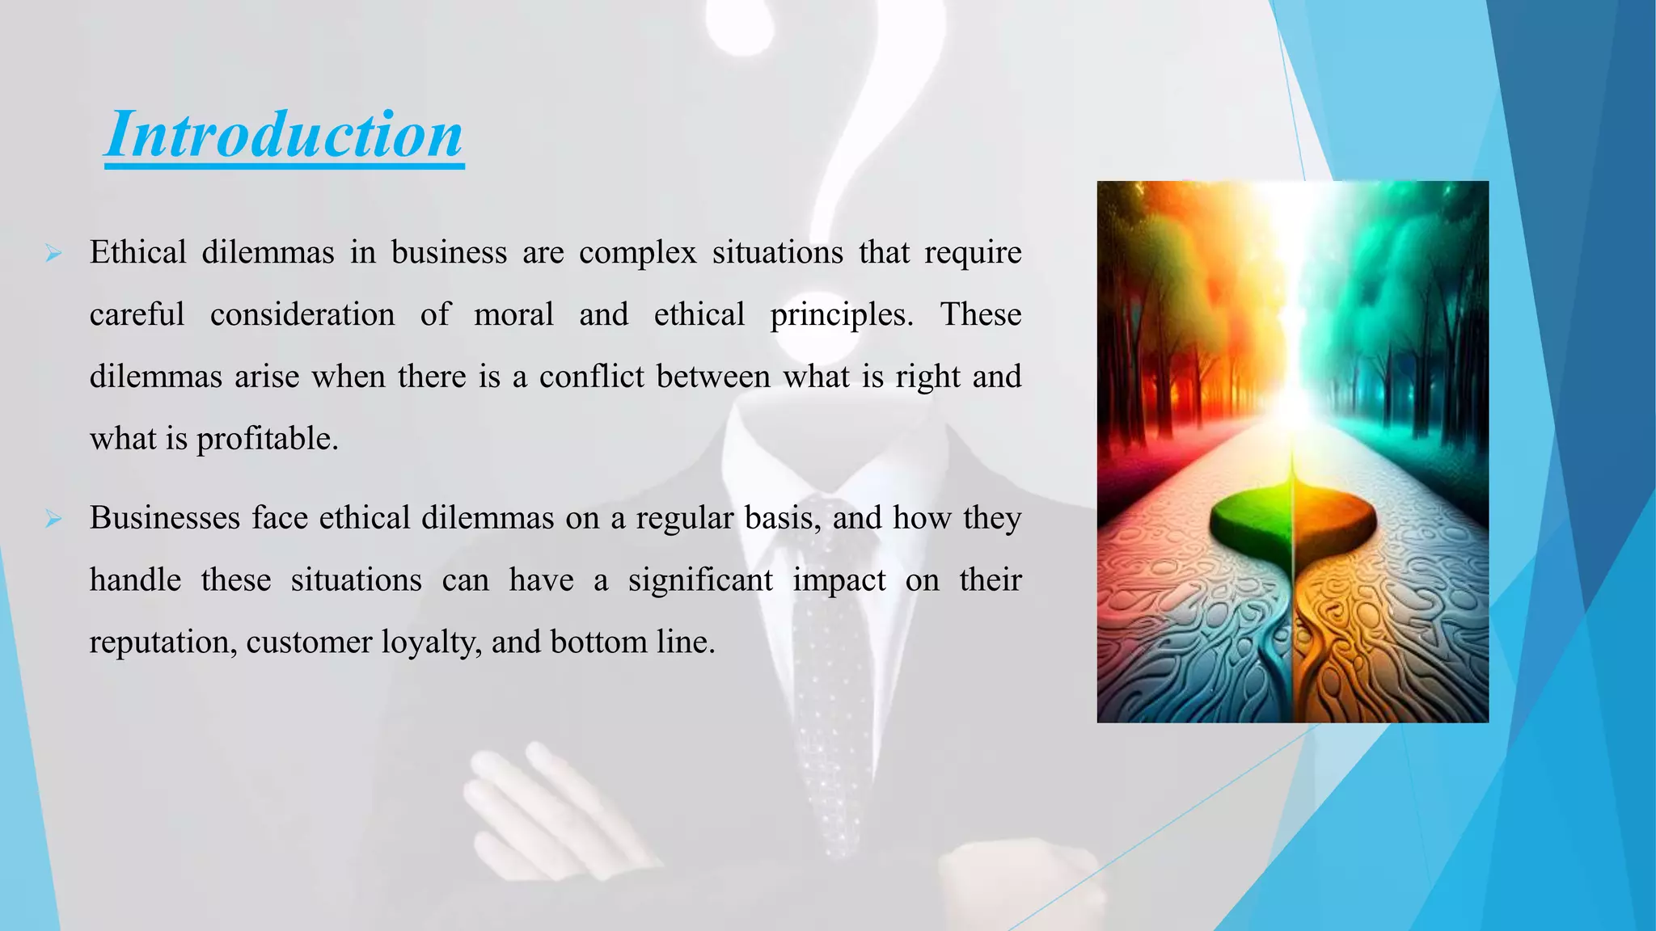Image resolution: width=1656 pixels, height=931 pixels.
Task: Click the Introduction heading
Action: coord(284,135)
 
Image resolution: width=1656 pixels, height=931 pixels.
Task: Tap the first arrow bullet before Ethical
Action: coord(54,255)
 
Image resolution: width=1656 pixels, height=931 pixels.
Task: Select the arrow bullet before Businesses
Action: coord(54,519)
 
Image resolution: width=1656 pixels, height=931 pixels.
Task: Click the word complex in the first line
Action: coord(637,253)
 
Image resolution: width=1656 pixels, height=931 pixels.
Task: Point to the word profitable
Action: coord(267,439)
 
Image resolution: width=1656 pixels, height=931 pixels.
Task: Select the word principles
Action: coord(841,315)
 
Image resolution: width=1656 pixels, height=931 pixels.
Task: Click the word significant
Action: coord(700,580)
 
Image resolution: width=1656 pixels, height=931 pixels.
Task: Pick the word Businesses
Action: coord(165,518)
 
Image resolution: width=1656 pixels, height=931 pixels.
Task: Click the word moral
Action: coord(513,314)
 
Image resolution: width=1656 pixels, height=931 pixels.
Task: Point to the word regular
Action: coord(685,518)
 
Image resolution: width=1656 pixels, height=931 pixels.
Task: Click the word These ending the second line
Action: coord(980,314)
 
